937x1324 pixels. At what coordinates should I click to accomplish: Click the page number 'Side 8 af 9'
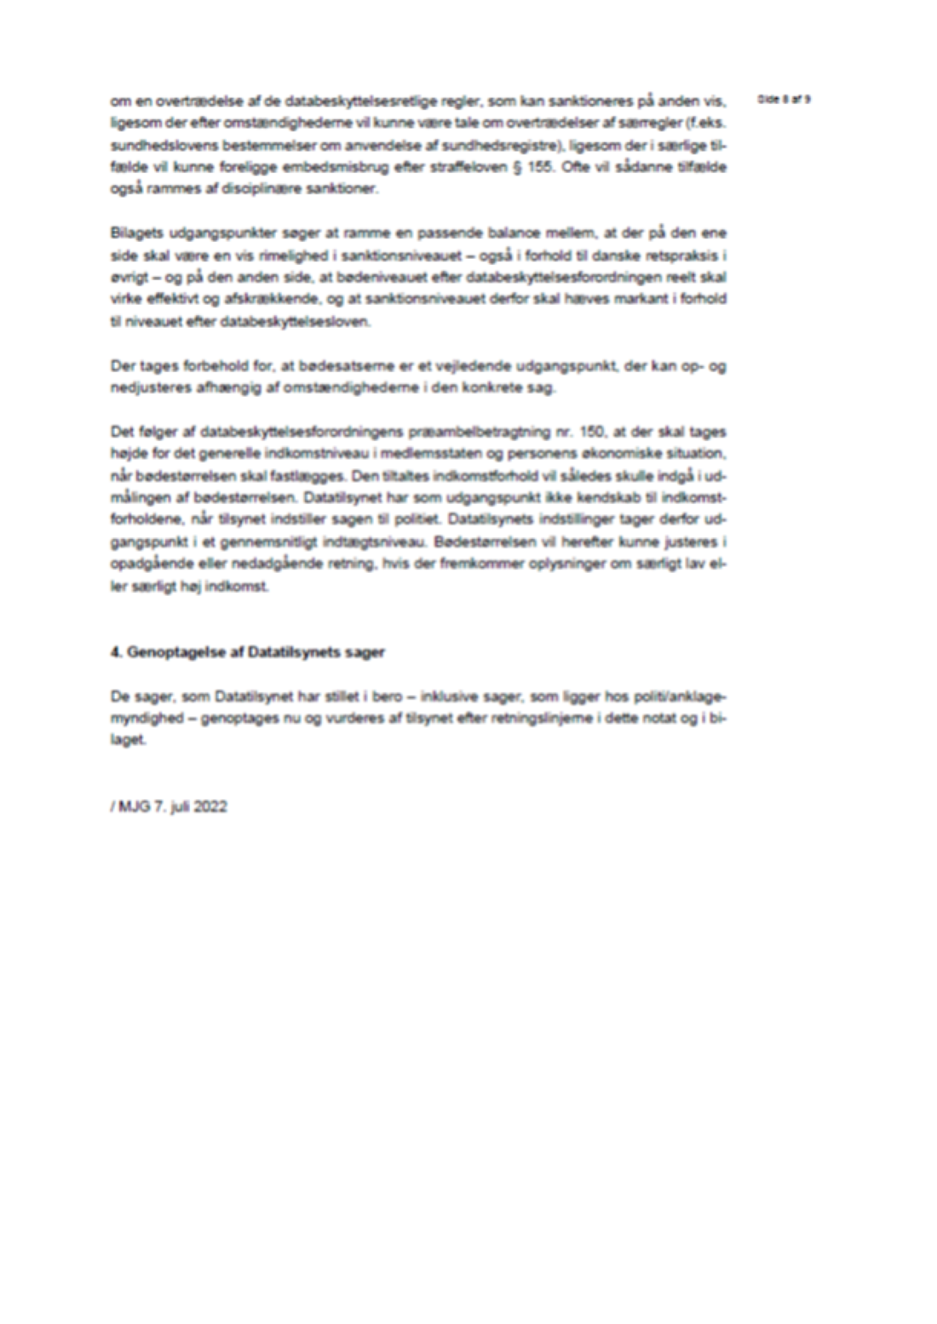coord(783,99)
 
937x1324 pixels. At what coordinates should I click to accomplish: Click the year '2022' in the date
coord(210,806)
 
